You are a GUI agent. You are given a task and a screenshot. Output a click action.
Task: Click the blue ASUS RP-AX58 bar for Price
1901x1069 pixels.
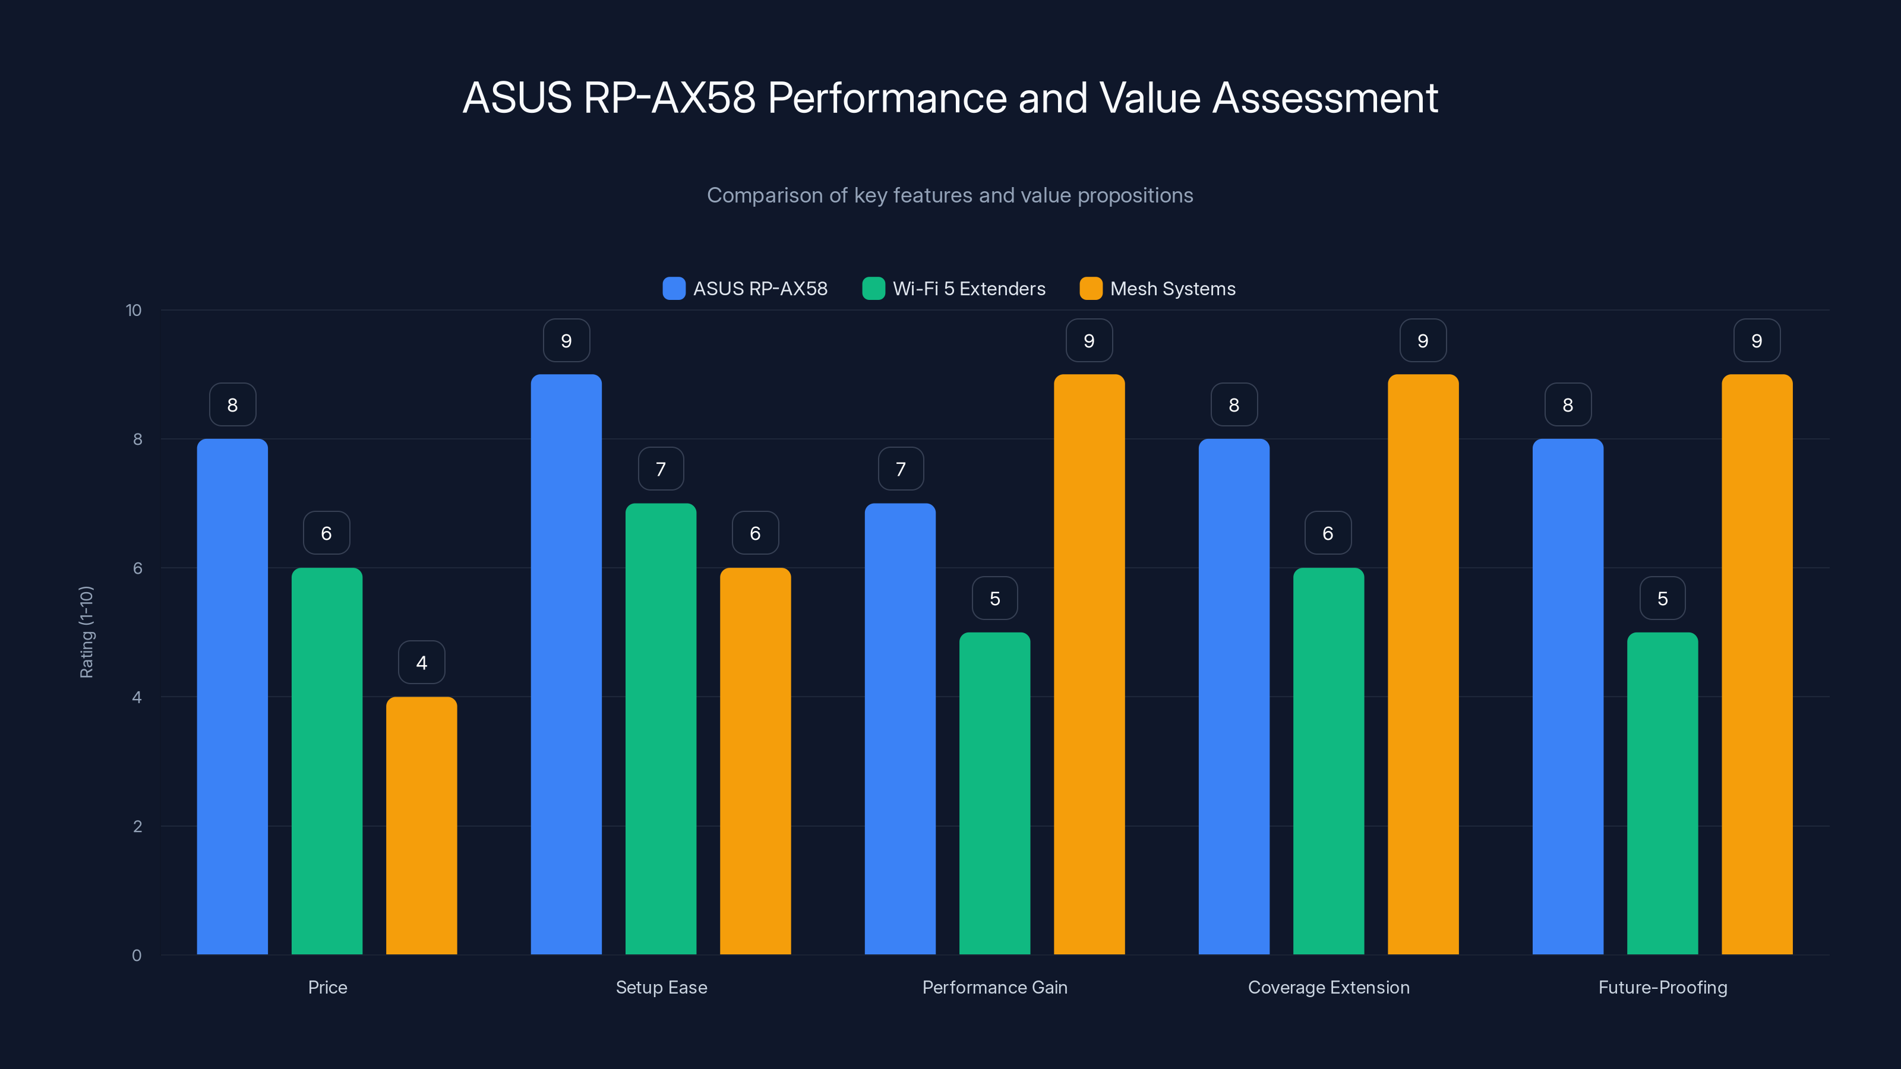coord(232,697)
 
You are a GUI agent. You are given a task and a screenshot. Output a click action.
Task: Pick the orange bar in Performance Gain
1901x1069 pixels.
coord(1090,664)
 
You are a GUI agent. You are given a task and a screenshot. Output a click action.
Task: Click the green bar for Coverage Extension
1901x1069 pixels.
coord(1328,761)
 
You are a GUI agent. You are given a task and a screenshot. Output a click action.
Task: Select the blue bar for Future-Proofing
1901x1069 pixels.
coord(1568,697)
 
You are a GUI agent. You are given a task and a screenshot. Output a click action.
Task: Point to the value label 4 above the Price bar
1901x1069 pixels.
coord(421,663)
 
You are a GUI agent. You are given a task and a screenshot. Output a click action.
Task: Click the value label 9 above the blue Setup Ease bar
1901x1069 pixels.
coord(566,341)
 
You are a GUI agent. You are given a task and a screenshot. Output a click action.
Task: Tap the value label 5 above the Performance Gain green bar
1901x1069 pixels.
coord(995,598)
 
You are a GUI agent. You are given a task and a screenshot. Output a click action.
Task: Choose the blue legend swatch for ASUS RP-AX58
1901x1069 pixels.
coord(674,289)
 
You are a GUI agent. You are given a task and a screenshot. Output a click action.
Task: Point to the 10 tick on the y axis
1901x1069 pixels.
coord(134,310)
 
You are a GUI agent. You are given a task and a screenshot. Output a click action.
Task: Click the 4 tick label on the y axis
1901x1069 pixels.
coord(137,697)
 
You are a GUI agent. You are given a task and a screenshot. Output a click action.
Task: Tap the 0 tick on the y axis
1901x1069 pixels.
coord(137,956)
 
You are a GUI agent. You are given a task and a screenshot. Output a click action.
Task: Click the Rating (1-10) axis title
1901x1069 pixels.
coord(86,632)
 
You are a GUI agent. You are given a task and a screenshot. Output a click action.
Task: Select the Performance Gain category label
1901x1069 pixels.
coord(995,987)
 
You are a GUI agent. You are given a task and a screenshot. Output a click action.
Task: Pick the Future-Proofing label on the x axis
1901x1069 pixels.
coord(1663,987)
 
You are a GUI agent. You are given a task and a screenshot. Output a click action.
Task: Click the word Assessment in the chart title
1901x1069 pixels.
coord(1325,97)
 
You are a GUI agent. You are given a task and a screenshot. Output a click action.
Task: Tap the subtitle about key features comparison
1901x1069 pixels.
coord(950,195)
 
